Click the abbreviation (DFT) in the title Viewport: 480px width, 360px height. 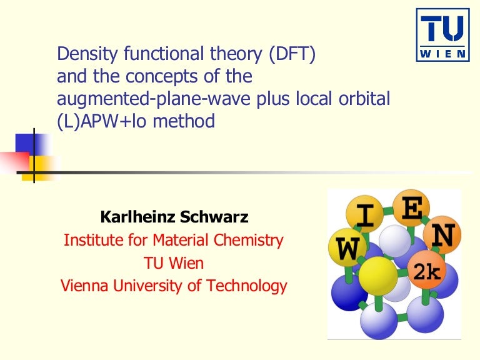pyautogui.click(x=292, y=55)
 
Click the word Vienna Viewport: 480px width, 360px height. pyautogui.click(x=83, y=286)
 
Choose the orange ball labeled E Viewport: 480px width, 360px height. pyautogui.click(x=411, y=211)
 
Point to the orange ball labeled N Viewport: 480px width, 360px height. pyautogui.click(x=442, y=236)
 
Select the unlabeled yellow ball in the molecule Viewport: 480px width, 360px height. pyautogui.click(x=378, y=275)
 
